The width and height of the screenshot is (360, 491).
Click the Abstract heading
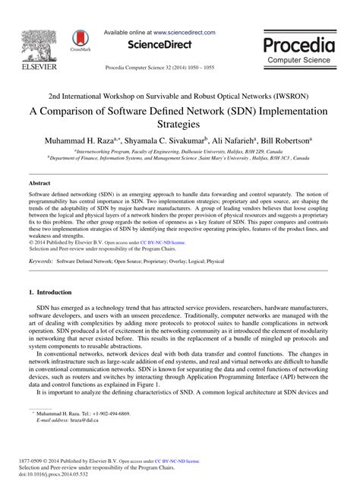click(x=39, y=184)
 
